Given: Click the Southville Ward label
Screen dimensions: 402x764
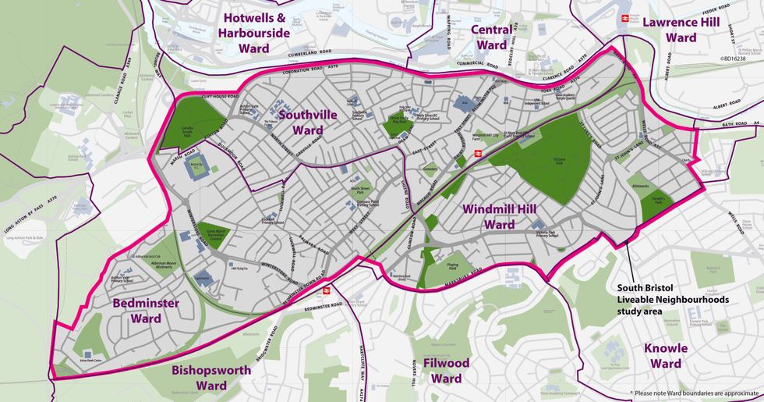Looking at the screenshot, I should coord(308,122).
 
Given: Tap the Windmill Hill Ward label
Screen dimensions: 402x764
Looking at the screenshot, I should coord(499,216).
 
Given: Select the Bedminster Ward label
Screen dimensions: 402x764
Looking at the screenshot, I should coord(146,310).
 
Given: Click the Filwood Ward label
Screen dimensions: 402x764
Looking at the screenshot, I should coord(446,371).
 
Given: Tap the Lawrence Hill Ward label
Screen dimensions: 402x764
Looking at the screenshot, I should coord(680,30).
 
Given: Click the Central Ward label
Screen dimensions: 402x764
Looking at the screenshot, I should coord(492,37).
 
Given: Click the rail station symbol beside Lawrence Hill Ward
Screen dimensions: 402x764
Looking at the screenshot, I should coord(624,18).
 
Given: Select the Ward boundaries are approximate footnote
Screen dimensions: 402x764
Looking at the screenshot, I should coord(694,393).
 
